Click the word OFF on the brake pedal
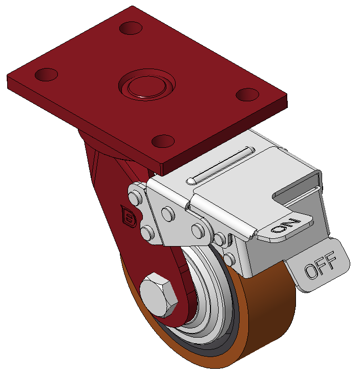[x=320, y=265]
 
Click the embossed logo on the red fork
[x=129, y=216]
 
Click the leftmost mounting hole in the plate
[x=46, y=75]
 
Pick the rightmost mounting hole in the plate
[x=247, y=95]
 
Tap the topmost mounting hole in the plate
[x=131, y=28]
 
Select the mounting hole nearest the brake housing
[x=163, y=141]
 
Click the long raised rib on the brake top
[x=220, y=165]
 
